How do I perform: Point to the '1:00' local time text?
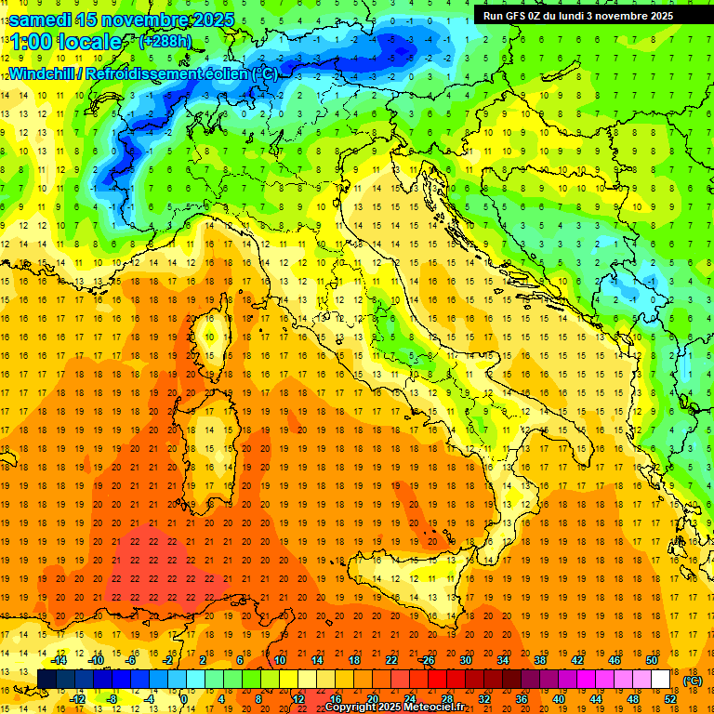click(28, 43)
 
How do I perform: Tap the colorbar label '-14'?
click(59, 660)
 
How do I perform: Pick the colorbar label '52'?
click(670, 698)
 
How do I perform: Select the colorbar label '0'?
click(183, 698)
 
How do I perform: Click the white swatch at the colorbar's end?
click(660, 679)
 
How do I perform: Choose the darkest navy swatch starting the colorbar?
click(46, 679)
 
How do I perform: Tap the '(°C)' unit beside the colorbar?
click(692, 681)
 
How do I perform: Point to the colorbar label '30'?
click(465, 660)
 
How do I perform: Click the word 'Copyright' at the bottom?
click(352, 707)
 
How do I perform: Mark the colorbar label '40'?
click(559, 698)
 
